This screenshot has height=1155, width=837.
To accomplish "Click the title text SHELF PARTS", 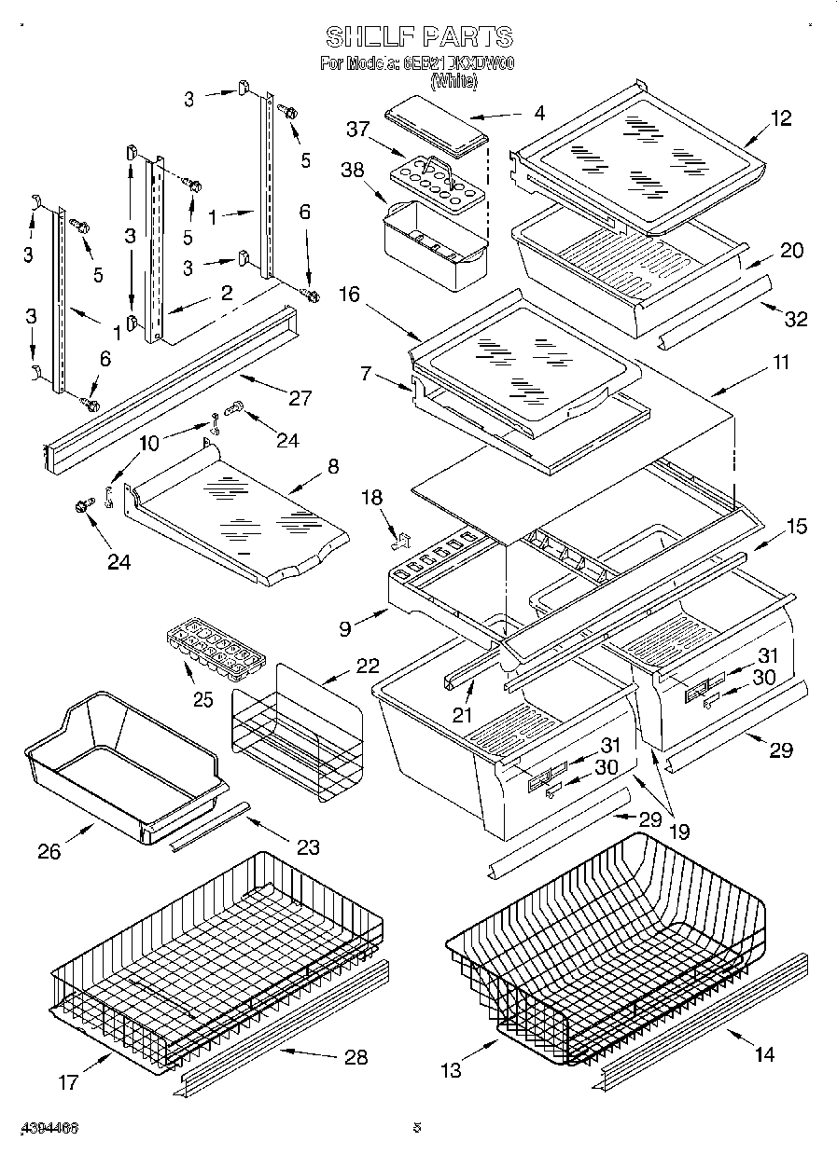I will pos(419,37).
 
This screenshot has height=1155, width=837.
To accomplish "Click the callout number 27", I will pos(300,399).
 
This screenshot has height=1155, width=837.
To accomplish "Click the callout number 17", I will pos(69,1082).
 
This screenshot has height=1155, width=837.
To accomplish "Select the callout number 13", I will pos(452,1070).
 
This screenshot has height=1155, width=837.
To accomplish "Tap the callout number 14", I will pos(764,1054).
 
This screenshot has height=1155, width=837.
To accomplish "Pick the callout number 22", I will pos(368,666).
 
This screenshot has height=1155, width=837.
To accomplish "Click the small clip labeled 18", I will pos(402,538).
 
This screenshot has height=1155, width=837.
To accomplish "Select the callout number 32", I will pos(795,319).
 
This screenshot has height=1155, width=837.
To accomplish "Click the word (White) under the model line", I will pos(453,83).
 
